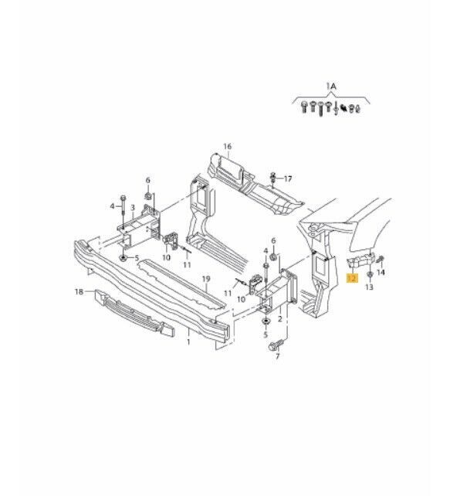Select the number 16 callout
pos(227,146)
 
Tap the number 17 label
pos(289,179)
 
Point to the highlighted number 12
pos(352,277)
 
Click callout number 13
pos(369,287)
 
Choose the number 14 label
pos(381,273)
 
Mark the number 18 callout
pos(79,292)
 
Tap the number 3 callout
pos(133,207)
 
